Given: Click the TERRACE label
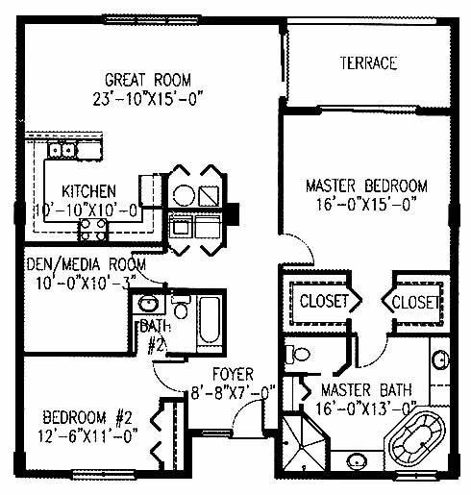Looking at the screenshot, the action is [368, 63].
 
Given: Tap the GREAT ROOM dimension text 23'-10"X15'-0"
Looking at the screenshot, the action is [148, 98].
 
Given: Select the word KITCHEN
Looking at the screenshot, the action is [88, 191].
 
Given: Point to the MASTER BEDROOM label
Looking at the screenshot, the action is [366, 186].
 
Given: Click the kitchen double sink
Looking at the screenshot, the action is [62, 150].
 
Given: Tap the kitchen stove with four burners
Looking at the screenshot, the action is [92, 229].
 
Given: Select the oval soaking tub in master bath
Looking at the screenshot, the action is [416, 441].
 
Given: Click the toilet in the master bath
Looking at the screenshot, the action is [298, 355].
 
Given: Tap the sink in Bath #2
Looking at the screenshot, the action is [148, 303].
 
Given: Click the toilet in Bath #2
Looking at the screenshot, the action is [181, 307].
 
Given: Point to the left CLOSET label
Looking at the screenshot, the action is [324, 301].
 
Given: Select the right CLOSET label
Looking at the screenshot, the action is [415, 302].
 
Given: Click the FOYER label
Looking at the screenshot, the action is [233, 375].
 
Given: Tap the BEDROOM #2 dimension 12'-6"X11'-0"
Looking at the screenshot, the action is [87, 436].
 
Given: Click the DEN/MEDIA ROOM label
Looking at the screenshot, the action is [87, 265].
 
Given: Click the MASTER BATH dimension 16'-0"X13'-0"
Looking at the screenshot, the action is [366, 408].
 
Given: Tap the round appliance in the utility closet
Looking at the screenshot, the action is [184, 195].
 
